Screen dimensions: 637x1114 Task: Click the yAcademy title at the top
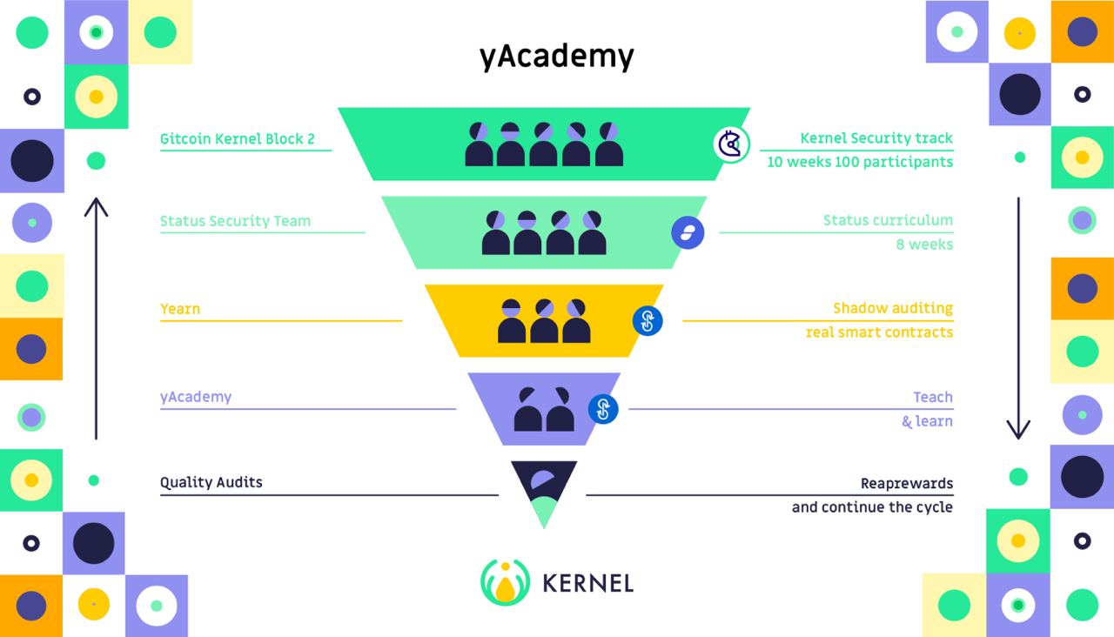coord(556,57)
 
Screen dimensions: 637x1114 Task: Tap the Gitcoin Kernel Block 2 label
coord(237,138)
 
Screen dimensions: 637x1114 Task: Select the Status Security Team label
coord(235,221)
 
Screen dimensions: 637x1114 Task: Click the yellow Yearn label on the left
coord(180,309)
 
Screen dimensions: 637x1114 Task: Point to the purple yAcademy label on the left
coord(196,397)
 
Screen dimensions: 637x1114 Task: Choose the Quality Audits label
coord(211,482)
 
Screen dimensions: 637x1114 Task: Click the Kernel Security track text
coord(876,138)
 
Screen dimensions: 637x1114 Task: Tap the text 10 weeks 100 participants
coord(860,162)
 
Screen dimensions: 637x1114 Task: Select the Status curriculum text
coord(888,221)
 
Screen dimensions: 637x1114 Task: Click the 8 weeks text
coord(924,245)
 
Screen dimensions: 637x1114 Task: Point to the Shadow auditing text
coord(893,309)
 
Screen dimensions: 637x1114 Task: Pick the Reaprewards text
coord(907,484)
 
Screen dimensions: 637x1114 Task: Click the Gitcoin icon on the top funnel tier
coord(731,144)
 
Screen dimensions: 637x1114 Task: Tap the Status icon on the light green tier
coord(688,233)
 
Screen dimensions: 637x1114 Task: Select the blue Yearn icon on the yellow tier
coord(648,321)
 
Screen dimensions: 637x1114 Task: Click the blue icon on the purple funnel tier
coord(603,408)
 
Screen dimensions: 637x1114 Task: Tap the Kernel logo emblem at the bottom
coord(505,582)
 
